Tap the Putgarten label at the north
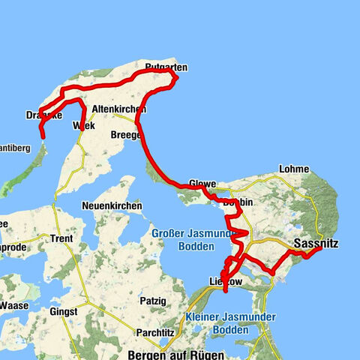pos(163,67)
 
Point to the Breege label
pos(125,134)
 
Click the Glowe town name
pos(202,184)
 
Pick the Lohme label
pos(292,169)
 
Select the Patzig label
pos(152,300)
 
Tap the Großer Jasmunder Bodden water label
pos(184,240)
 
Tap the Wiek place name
pos(81,126)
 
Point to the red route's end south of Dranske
pos(43,137)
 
